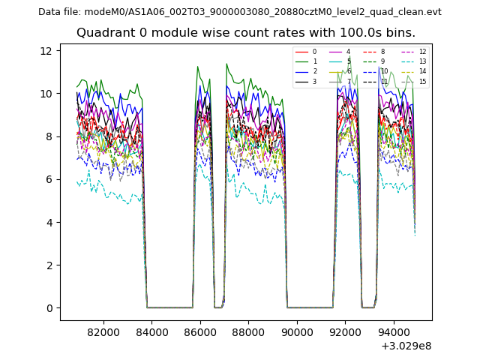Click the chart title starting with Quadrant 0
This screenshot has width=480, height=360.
tap(246, 33)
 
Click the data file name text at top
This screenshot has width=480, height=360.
tap(240, 11)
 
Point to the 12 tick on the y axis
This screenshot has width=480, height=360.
tap(46, 51)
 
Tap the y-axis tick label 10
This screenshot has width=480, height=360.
tap(46, 94)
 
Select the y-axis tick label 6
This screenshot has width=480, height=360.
tap(49, 179)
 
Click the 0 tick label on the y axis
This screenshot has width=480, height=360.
tap(49, 308)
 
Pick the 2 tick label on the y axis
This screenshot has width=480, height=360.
tap(49, 265)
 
